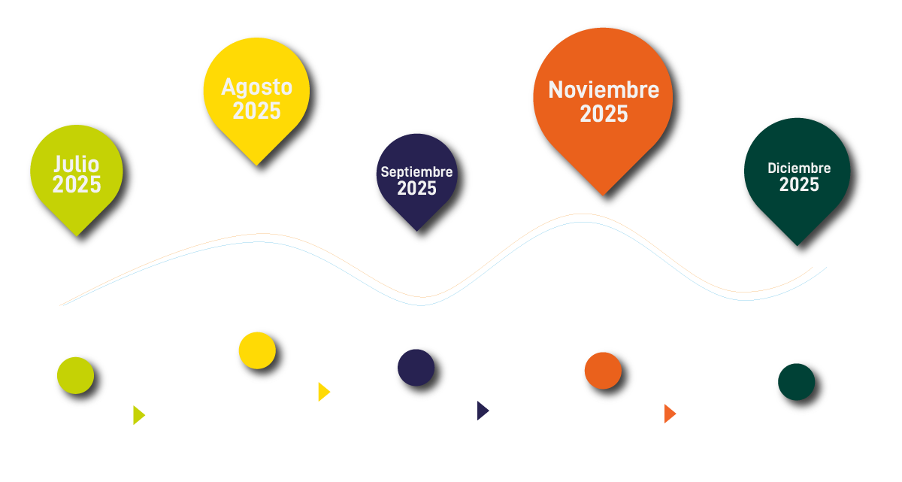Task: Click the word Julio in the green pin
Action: [77, 164]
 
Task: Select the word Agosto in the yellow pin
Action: [256, 87]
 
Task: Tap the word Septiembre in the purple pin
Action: [416, 172]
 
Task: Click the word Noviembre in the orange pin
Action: [604, 90]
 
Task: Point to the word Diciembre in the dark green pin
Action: [799, 168]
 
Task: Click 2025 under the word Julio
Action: [77, 185]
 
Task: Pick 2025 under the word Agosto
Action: [256, 111]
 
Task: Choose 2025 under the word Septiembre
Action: [416, 189]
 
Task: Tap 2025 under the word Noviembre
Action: [604, 114]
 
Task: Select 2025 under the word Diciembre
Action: [799, 185]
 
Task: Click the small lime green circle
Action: [74, 375]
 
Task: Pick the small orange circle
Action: [603, 370]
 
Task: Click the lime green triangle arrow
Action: [138, 415]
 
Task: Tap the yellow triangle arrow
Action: [323, 392]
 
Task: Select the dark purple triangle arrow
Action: [483, 411]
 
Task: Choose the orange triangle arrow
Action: [670, 414]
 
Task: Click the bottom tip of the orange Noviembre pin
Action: [602, 195]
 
